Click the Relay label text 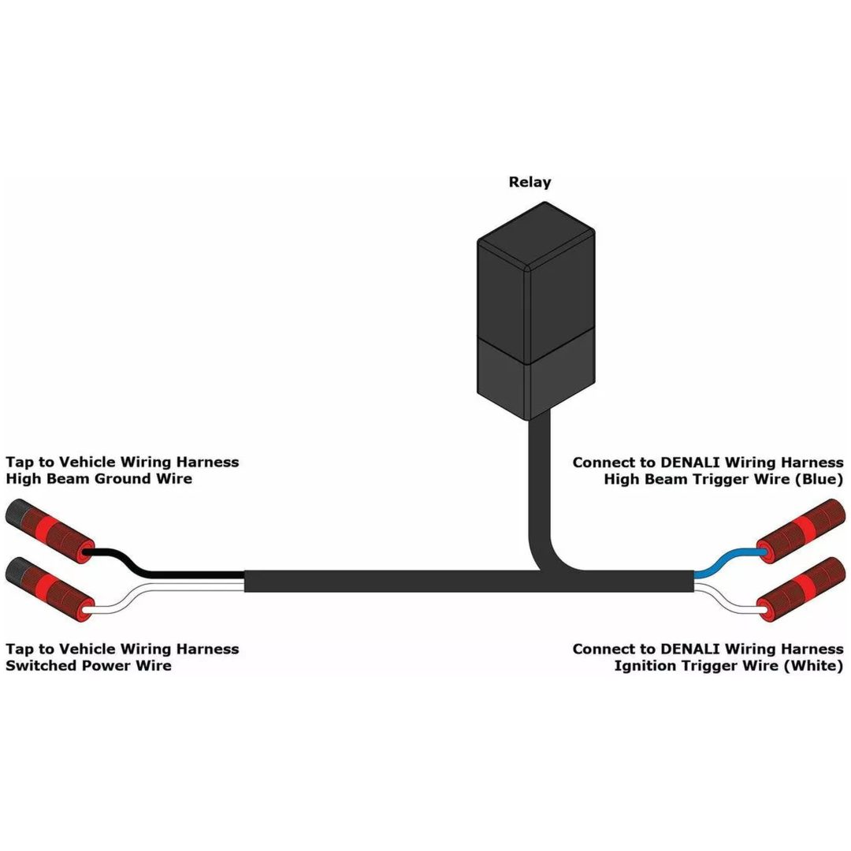530,182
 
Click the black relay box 536,311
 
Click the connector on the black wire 50,531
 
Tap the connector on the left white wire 50,589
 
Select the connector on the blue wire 801,531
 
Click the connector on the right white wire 801,589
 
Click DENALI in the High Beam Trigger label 689,463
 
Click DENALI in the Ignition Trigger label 689,649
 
